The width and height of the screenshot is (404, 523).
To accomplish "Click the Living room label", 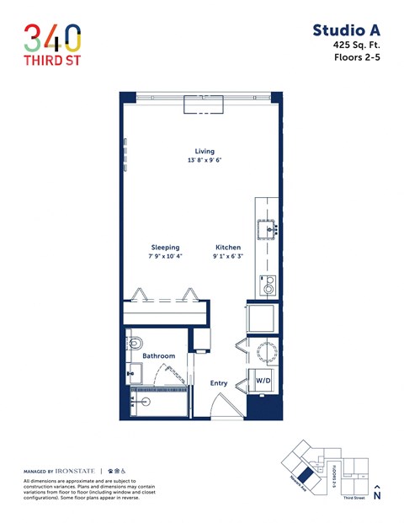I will pos(205,152).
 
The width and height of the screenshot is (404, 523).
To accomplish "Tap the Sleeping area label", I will pos(165,248).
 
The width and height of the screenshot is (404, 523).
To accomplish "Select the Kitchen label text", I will pos(227,248).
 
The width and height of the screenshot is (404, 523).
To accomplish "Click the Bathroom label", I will pos(158,356).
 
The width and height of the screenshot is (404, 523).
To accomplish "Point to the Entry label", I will pos(219,383).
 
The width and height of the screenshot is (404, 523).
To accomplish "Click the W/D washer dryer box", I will pos(263,381).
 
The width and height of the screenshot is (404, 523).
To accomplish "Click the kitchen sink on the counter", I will pos(271,227).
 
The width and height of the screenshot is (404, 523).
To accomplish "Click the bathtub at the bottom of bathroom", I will pos(158,403).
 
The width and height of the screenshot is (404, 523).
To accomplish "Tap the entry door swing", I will pos(224,408).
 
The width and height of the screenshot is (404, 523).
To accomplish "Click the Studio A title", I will pos(346,31).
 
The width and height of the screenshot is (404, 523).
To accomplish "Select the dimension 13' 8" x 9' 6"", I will pos(205,160).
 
